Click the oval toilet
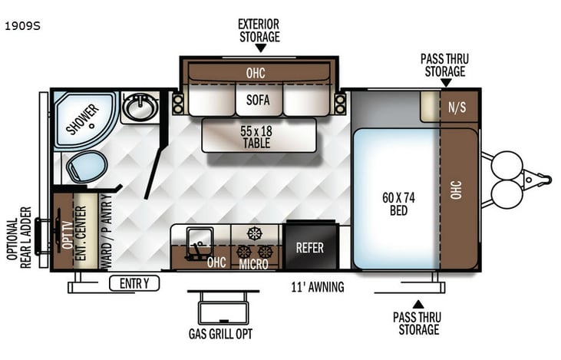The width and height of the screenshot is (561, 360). [86, 166]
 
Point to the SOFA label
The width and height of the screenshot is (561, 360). [259, 100]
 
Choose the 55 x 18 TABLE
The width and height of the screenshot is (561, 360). [258, 136]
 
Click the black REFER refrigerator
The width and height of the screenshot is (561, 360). [310, 247]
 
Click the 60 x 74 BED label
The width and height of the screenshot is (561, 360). [398, 203]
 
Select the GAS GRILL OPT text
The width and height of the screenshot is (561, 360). [220, 333]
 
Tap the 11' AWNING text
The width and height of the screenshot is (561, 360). [317, 288]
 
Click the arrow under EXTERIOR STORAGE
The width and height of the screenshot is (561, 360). [259, 48]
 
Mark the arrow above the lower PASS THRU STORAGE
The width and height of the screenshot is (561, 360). [417, 304]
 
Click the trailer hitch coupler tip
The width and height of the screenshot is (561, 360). [546, 180]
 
